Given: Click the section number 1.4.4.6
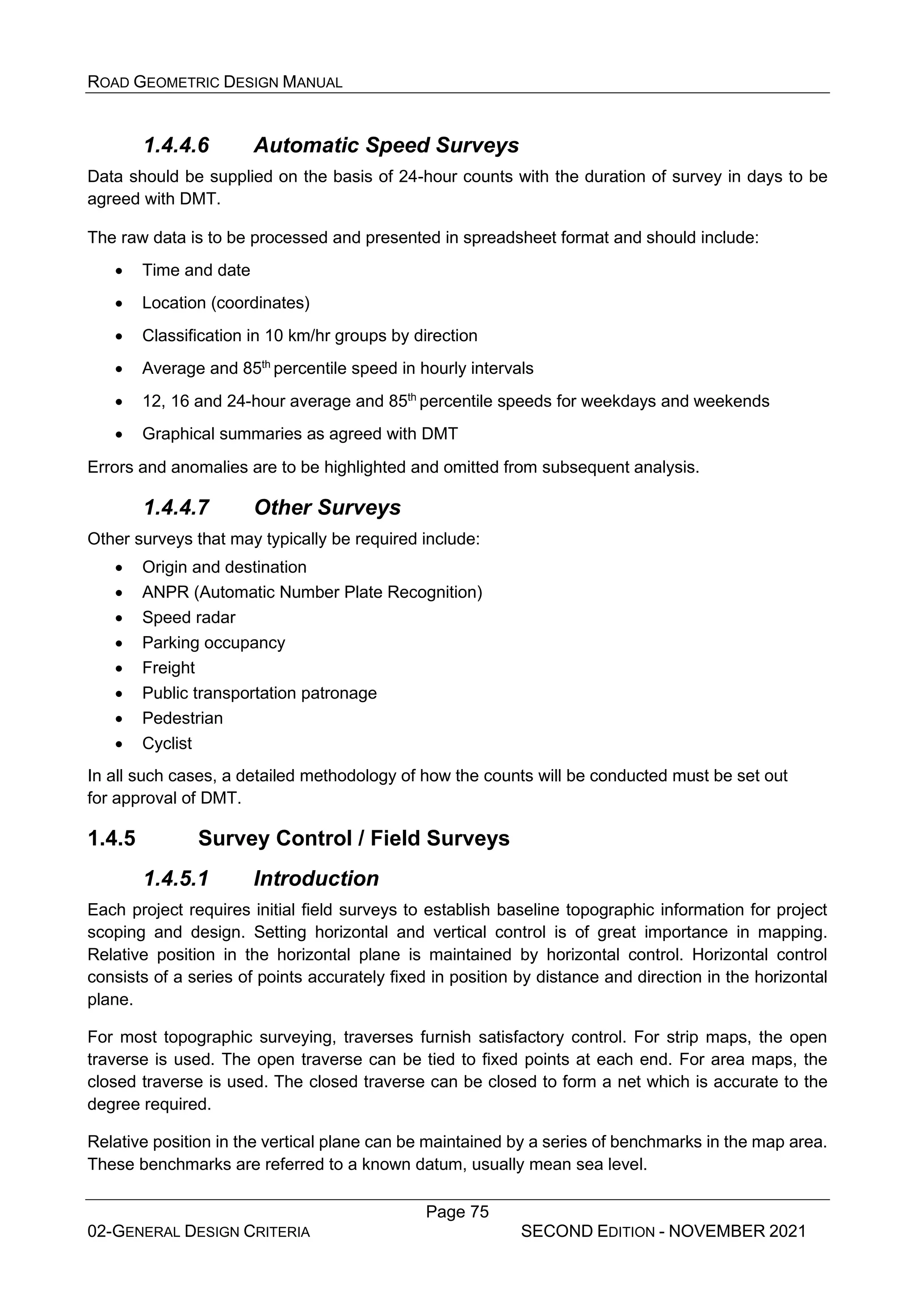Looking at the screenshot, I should tap(176, 146).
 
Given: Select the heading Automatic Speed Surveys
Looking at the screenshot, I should tap(386, 146).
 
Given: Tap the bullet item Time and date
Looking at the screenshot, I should tap(196, 271).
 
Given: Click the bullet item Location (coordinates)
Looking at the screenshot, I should tap(226, 303).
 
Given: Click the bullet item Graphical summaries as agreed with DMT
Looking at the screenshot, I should tap(299, 434).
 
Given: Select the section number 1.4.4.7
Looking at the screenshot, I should tap(176, 508).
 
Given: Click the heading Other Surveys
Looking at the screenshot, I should tap(327, 508).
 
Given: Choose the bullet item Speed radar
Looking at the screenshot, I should tap(188, 618).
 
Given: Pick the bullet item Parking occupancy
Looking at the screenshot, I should tap(213, 643).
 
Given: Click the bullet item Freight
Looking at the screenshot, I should tap(168, 668).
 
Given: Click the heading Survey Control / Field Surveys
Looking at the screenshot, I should tap(353, 838).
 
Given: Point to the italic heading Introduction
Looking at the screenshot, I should tap(316, 879).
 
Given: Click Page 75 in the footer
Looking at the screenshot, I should tap(457, 1212).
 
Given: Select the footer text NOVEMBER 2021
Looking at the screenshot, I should tap(737, 1231).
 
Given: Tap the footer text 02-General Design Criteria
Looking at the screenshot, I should tap(198, 1232).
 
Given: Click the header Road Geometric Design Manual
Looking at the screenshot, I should tap(215, 83).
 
